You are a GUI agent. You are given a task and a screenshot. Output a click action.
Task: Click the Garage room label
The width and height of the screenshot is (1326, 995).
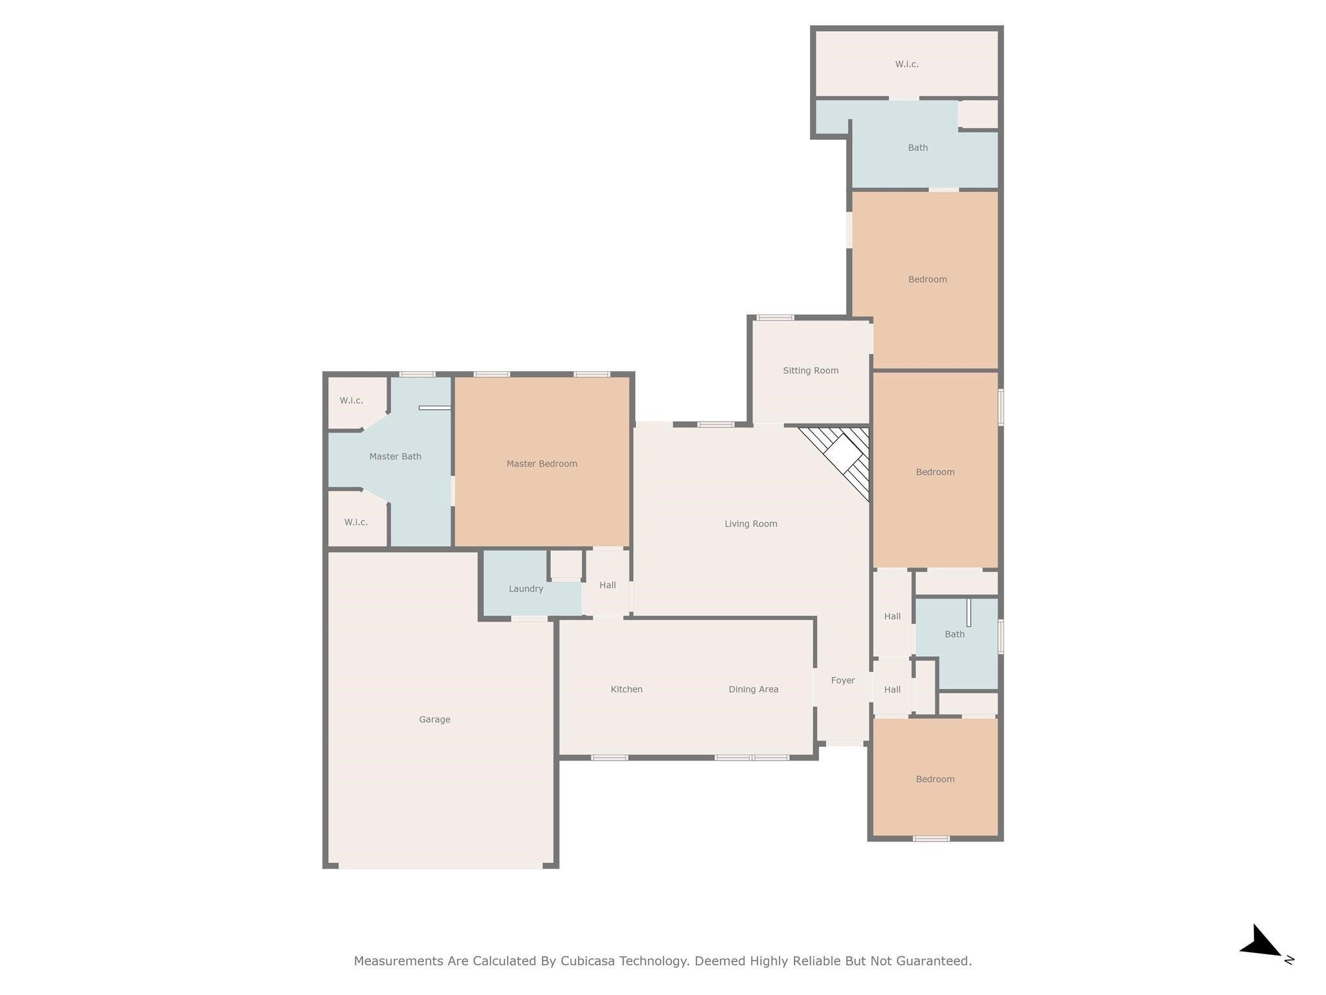(434, 719)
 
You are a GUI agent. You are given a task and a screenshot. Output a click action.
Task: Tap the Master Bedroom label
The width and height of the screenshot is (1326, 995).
(542, 463)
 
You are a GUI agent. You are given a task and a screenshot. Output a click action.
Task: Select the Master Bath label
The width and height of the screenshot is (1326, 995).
(395, 456)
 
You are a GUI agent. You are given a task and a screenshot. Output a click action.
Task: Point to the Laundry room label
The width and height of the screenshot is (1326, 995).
(526, 589)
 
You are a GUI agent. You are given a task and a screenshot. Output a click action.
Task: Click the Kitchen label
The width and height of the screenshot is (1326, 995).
(627, 689)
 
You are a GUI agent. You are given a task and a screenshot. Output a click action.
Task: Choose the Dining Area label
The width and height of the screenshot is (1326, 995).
(754, 689)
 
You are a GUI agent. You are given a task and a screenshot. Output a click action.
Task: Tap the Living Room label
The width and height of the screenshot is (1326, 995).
(751, 523)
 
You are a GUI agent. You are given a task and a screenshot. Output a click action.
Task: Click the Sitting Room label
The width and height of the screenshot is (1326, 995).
(811, 371)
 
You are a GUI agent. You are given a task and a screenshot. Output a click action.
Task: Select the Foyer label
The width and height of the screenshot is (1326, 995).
(843, 680)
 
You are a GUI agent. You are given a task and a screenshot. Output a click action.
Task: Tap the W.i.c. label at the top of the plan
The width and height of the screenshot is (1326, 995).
(907, 64)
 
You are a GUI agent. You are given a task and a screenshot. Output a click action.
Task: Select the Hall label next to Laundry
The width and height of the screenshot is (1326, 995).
(607, 585)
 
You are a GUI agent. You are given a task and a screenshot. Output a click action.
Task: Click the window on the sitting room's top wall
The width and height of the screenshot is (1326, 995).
(776, 317)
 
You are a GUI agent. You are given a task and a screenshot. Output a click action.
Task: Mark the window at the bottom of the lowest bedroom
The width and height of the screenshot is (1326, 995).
(931, 839)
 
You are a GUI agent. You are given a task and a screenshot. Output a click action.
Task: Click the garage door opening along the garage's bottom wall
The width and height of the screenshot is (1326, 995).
(440, 865)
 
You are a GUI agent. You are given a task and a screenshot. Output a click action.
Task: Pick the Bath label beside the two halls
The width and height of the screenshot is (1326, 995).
(955, 634)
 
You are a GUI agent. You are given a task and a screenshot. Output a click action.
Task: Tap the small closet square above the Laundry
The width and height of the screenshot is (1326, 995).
(566, 564)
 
